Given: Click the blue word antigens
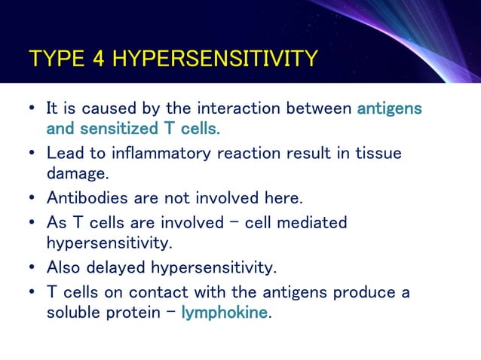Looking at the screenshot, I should pyautogui.click(x=389, y=108).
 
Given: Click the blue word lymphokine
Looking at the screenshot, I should pyautogui.click(x=225, y=312).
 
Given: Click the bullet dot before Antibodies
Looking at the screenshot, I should pyautogui.click(x=31, y=199).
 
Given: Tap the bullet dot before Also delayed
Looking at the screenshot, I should pyautogui.click(x=31, y=267).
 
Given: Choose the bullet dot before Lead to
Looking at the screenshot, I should pyautogui.click(x=31, y=154).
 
